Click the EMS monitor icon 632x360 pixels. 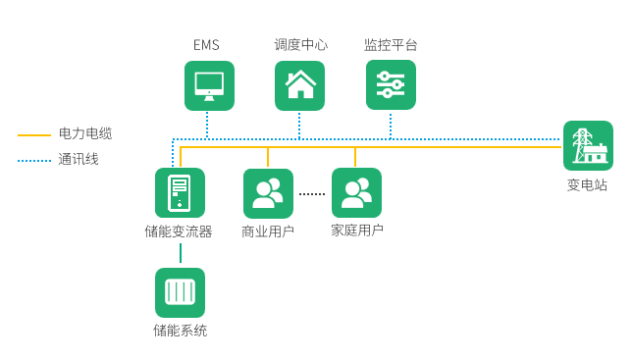pos(209,85)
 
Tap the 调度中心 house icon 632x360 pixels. pos(299,85)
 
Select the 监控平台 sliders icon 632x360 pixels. pos(391,85)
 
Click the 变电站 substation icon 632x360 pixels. pos(588,146)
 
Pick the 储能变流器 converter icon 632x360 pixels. pos(180,192)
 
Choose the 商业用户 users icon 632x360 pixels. pos(268,193)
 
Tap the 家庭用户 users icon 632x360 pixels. pos(356,193)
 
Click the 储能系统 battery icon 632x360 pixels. pos(180,292)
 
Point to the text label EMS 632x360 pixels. pos(207,45)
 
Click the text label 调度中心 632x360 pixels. pos(300,45)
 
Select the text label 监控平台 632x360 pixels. pos(391,45)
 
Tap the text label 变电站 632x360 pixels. pos(587,184)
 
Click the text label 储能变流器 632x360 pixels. pos(179,231)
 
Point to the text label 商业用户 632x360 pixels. pos(268,231)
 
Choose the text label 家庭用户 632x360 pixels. pos(356,231)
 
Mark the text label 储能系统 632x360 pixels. pos(180,331)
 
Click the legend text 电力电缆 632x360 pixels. pos(85,133)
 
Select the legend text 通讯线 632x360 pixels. pos(79,159)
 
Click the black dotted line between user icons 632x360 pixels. pos(312,194)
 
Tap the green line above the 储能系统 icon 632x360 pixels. pos(181,253)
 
